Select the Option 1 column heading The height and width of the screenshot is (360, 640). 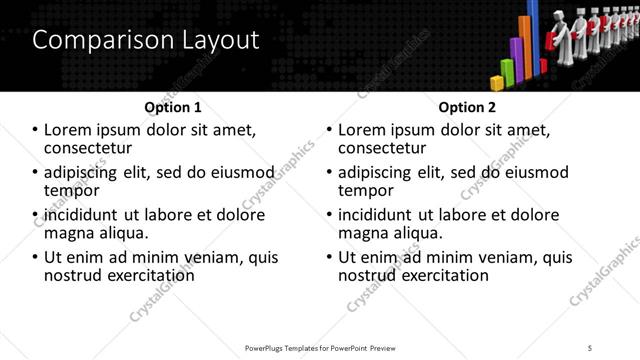click(x=172, y=107)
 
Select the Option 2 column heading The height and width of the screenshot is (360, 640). click(x=467, y=107)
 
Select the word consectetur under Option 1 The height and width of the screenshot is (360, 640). click(x=93, y=148)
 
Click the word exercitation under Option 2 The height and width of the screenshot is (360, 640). click(x=441, y=274)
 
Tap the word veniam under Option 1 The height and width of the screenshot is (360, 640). click(x=198, y=257)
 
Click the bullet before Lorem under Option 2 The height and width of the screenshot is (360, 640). click(x=330, y=130)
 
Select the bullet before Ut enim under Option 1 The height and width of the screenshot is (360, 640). click(x=36, y=257)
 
